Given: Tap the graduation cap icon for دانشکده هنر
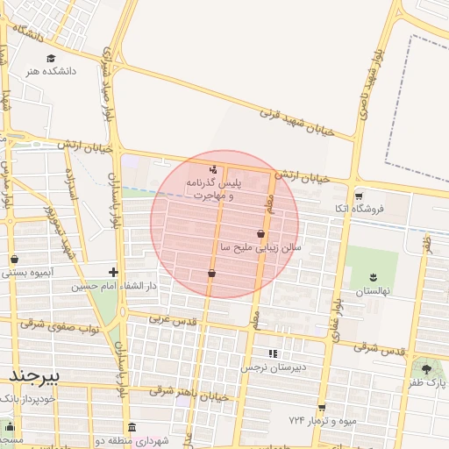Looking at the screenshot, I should (51, 58).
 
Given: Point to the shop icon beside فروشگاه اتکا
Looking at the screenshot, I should (357, 196).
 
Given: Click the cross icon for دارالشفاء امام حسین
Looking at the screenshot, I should (113, 272).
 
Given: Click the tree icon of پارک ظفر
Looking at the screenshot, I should (427, 369).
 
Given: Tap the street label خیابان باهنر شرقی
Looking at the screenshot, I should (189, 395).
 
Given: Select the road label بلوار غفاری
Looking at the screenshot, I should (339, 289).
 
